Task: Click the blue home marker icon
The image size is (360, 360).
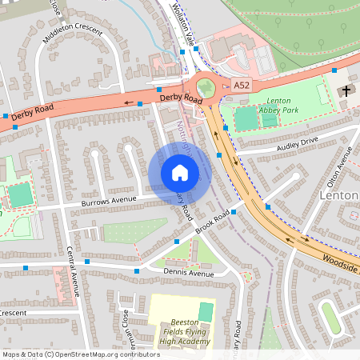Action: tap(179, 173)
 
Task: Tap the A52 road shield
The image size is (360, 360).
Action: tap(242, 85)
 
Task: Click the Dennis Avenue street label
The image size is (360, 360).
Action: tap(189, 274)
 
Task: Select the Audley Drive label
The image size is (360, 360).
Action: tap(298, 142)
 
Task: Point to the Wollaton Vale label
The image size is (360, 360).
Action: tap(182, 22)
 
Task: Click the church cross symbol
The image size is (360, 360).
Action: tap(346, 90)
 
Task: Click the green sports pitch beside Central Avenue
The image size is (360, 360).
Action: tap(22, 194)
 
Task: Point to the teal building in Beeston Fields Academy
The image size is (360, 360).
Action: tap(206, 310)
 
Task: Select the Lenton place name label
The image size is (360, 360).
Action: tap(341, 195)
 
